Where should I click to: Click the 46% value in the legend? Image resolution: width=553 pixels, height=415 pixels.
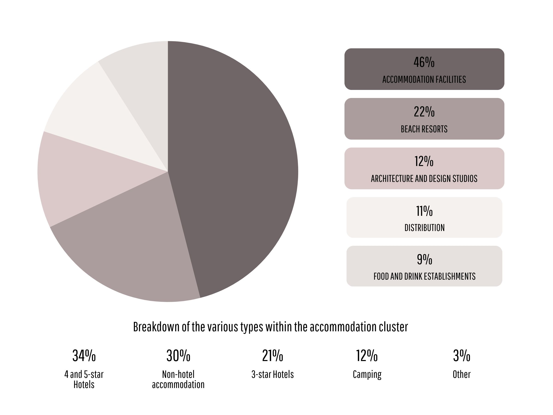pos(424,62)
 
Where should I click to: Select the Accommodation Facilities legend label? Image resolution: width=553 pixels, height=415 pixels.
pos(424,80)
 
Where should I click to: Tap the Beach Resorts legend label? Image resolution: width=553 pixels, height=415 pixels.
pos(424,129)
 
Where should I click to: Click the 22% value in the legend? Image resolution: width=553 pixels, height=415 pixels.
pos(424,112)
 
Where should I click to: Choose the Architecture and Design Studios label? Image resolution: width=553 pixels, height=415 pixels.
pos(424,179)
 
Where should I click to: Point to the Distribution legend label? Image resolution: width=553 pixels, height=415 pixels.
pos(424,228)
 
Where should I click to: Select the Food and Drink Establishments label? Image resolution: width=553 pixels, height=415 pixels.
pos(424,276)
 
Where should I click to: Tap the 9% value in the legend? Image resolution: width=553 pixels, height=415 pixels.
pos(424,259)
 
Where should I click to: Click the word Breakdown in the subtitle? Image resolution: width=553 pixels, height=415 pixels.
pos(156,327)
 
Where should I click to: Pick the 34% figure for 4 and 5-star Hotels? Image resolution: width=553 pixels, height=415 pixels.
pos(84,356)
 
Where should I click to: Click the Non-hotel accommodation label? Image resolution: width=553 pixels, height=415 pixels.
pos(178,379)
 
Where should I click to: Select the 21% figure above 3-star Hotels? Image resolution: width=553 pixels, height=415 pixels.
pos(273,356)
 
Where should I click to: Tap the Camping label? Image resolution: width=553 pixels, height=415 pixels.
pos(367,375)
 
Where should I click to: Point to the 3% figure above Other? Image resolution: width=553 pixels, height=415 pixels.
pos(462,356)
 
